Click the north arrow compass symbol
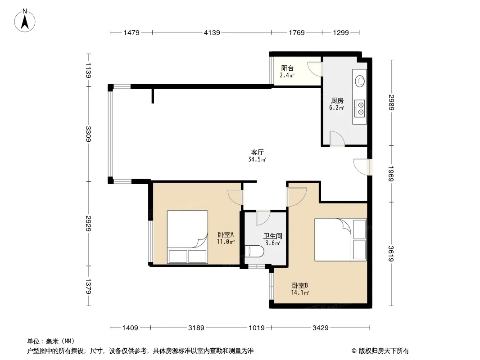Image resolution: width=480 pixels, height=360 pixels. pos(25,21)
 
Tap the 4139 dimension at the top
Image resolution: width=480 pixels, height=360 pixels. pos(212,33)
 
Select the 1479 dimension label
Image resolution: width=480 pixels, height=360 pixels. pos(131,33)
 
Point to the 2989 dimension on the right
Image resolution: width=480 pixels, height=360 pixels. pos(392,103)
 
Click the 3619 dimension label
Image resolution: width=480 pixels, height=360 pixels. pos(392,253)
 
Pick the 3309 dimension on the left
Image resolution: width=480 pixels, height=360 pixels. pos(88,134)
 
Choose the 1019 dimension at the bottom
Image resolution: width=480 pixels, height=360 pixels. pos(257,328)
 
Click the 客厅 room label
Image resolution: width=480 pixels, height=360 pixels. pos(258,152)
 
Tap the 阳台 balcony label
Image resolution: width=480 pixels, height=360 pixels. pos(287,68)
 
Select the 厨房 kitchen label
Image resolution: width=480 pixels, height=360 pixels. pos(337,100)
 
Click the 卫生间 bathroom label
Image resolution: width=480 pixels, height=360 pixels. pos(273,236)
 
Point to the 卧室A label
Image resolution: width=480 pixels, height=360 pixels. pos(226,234)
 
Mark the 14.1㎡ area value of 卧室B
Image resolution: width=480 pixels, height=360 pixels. pos(300,292)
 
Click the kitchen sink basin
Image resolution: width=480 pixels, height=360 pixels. pos(360,81)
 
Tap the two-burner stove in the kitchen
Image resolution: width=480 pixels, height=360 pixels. pos(360,108)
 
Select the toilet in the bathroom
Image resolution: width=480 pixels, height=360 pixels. pos(254,252)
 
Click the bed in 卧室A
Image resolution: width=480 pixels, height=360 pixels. pos(187,237)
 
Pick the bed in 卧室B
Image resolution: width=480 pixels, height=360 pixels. pos(340,239)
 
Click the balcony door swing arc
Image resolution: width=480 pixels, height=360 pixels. pos(314,69)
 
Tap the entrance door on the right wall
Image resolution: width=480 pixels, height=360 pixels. pos(362,167)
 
